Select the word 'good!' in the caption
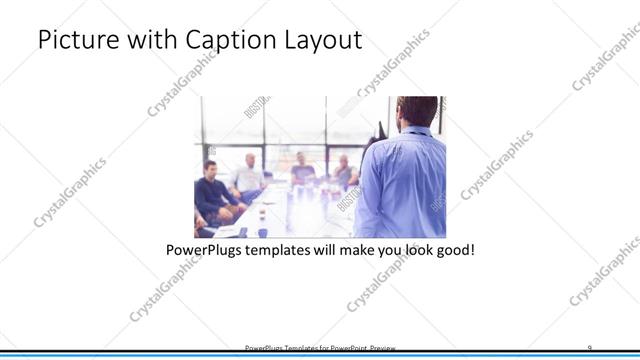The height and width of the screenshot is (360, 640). (452, 248)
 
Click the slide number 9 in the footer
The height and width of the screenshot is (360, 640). (589, 346)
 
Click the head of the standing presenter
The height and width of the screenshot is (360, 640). (417, 111)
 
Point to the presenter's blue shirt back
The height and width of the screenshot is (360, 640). (402, 185)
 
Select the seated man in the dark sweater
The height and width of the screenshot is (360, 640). (213, 191)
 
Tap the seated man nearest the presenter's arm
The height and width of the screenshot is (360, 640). (344, 172)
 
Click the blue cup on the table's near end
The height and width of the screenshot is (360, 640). (262, 232)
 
